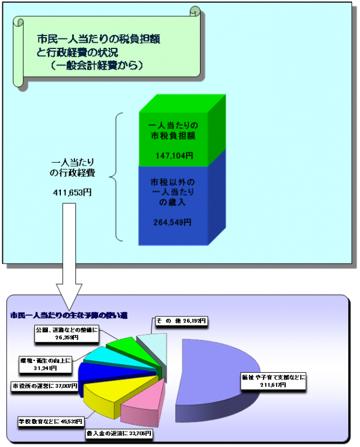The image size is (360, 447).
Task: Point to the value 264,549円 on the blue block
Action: [x=172, y=222]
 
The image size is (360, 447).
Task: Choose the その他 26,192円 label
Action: [x=181, y=321]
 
